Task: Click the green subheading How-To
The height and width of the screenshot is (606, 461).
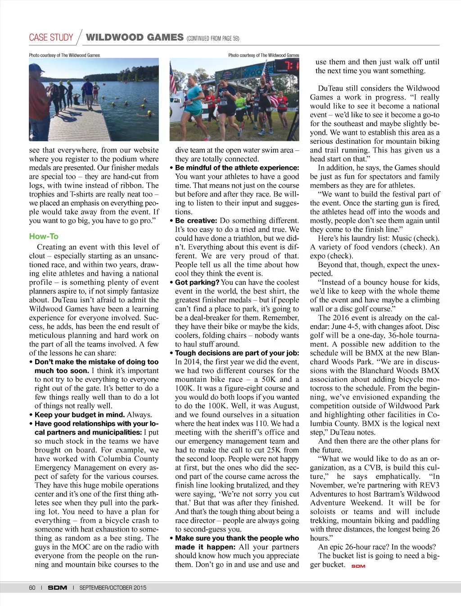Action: pos(44,236)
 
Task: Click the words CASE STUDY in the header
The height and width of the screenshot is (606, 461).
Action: pos(51,37)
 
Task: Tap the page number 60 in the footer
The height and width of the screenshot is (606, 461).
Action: pos(32,588)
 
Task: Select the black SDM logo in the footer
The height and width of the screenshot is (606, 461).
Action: pos(58,588)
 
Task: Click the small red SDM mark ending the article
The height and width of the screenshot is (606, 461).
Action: pos(358,566)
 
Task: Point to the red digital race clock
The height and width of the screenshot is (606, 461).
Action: pos(286,66)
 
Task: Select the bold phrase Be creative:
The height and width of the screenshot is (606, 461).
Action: pos(196,221)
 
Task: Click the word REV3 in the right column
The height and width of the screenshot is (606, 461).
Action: pos(429,485)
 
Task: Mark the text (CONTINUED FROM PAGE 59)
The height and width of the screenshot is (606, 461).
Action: pos(213,39)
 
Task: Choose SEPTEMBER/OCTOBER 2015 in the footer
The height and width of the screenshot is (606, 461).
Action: pos(113,588)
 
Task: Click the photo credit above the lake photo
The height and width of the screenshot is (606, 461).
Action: pos(64,55)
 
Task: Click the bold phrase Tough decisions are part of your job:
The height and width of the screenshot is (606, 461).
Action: pos(237,353)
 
